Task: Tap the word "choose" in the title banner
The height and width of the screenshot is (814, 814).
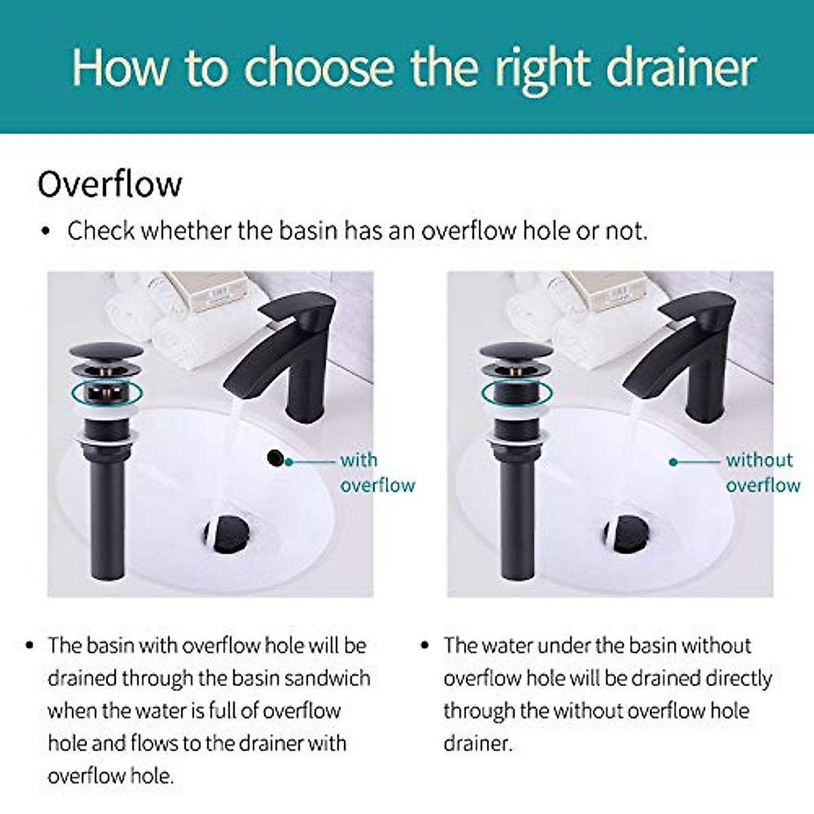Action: click(319, 68)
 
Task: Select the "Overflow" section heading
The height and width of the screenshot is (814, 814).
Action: click(110, 184)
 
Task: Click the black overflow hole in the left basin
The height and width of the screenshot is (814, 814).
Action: click(275, 458)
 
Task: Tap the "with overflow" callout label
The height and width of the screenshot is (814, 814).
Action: click(376, 472)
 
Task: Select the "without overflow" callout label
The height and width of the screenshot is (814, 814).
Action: click(762, 472)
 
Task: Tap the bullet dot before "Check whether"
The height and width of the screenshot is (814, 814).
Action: click(46, 232)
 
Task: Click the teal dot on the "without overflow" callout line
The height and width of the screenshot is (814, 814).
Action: click(673, 462)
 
